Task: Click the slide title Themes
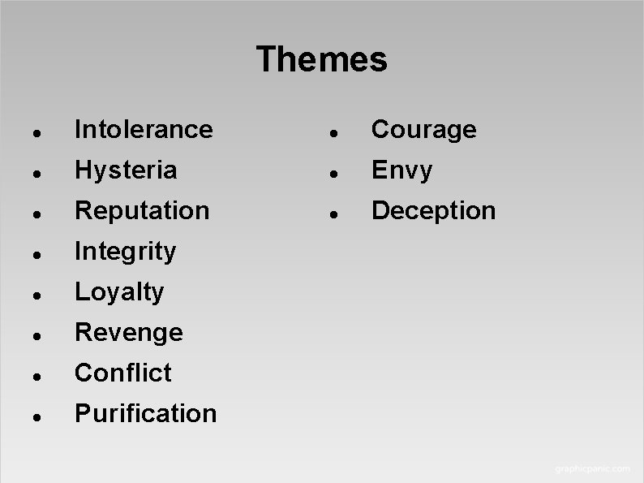[322, 60]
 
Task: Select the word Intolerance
[144, 129]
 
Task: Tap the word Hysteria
[126, 170]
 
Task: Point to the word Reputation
[142, 210]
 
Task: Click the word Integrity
[125, 252]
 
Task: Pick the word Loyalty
[119, 292]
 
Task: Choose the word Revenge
[129, 332]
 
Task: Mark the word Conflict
[123, 373]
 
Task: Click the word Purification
[146, 413]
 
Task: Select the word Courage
[423, 130]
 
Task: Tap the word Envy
[401, 170]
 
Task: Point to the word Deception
[433, 210]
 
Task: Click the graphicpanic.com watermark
[591, 468]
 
